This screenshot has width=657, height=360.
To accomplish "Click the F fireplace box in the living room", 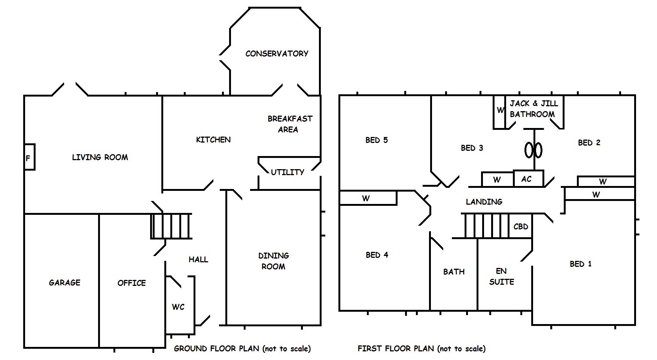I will point(29,157).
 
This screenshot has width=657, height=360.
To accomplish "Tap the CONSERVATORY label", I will point(277,54).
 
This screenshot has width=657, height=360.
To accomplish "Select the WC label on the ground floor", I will point(178,307).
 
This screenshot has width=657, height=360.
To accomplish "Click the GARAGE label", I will point(64,283).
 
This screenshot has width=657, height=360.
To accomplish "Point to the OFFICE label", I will point(131,283).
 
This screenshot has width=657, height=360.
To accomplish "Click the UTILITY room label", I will point(288,172).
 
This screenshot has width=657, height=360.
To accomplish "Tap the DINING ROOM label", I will point(274,261).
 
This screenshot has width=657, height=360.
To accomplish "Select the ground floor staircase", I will point(171,226).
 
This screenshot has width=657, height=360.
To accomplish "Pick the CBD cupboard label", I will point(521,226).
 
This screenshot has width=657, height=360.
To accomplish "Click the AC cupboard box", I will point(527,179).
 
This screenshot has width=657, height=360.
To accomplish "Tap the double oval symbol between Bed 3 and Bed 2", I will point(533,150).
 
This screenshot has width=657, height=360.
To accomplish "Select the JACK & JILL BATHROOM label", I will point(533,109).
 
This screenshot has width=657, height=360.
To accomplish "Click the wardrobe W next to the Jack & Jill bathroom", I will point(500,111).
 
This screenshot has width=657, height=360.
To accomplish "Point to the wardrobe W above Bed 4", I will point(366,198).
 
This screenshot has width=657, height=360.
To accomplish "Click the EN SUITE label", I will point(501,277).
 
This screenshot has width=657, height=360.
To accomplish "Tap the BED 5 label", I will point(377,140).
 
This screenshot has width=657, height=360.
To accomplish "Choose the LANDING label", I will point(484,202).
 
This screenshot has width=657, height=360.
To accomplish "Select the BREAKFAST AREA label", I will point(289,124).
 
